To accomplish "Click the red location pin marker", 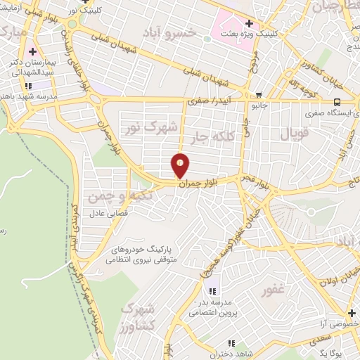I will click(x=181, y=165).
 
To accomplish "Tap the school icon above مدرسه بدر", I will click(x=212, y=290).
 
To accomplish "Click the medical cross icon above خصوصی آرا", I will click(x=351, y=314).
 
